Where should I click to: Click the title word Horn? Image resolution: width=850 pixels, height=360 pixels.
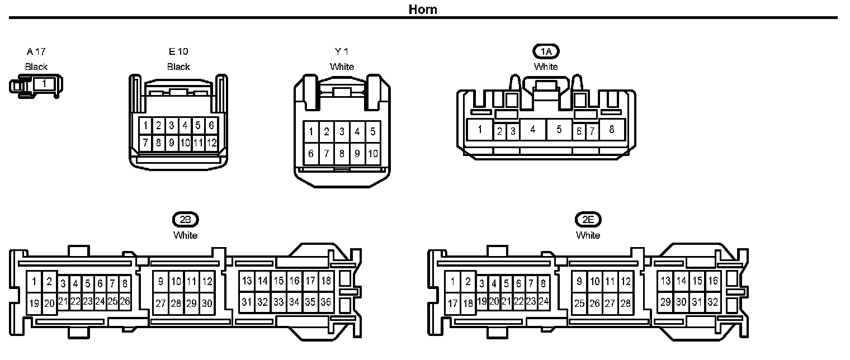(x=423, y=9)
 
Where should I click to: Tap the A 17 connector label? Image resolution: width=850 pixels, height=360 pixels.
(x=36, y=51)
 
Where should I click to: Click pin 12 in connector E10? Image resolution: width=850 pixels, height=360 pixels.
(x=211, y=143)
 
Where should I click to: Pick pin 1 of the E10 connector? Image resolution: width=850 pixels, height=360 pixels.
(x=145, y=125)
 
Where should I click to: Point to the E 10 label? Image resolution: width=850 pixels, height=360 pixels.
(x=178, y=51)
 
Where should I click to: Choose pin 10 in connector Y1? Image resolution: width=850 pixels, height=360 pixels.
(x=373, y=153)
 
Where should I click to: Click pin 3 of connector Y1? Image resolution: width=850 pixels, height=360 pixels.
(x=342, y=132)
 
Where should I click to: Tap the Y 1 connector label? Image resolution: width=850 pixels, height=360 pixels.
(x=342, y=51)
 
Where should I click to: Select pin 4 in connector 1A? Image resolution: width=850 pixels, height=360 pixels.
(x=533, y=130)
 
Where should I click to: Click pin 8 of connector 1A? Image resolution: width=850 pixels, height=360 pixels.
(x=611, y=130)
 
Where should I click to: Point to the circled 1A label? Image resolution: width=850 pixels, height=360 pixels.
(x=546, y=51)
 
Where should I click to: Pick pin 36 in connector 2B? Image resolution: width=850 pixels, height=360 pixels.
(x=325, y=302)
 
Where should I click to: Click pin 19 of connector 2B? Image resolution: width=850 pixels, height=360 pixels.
(x=35, y=303)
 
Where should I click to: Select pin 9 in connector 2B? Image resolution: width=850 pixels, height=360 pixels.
(x=160, y=281)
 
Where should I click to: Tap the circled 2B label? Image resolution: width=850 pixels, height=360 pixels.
(x=185, y=220)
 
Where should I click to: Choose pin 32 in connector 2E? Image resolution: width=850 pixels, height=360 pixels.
(x=712, y=302)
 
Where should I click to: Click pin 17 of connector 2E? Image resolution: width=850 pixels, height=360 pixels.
(x=453, y=303)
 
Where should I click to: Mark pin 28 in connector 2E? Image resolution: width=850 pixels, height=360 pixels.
(x=625, y=303)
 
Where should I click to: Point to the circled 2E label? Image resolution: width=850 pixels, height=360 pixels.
(x=588, y=220)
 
